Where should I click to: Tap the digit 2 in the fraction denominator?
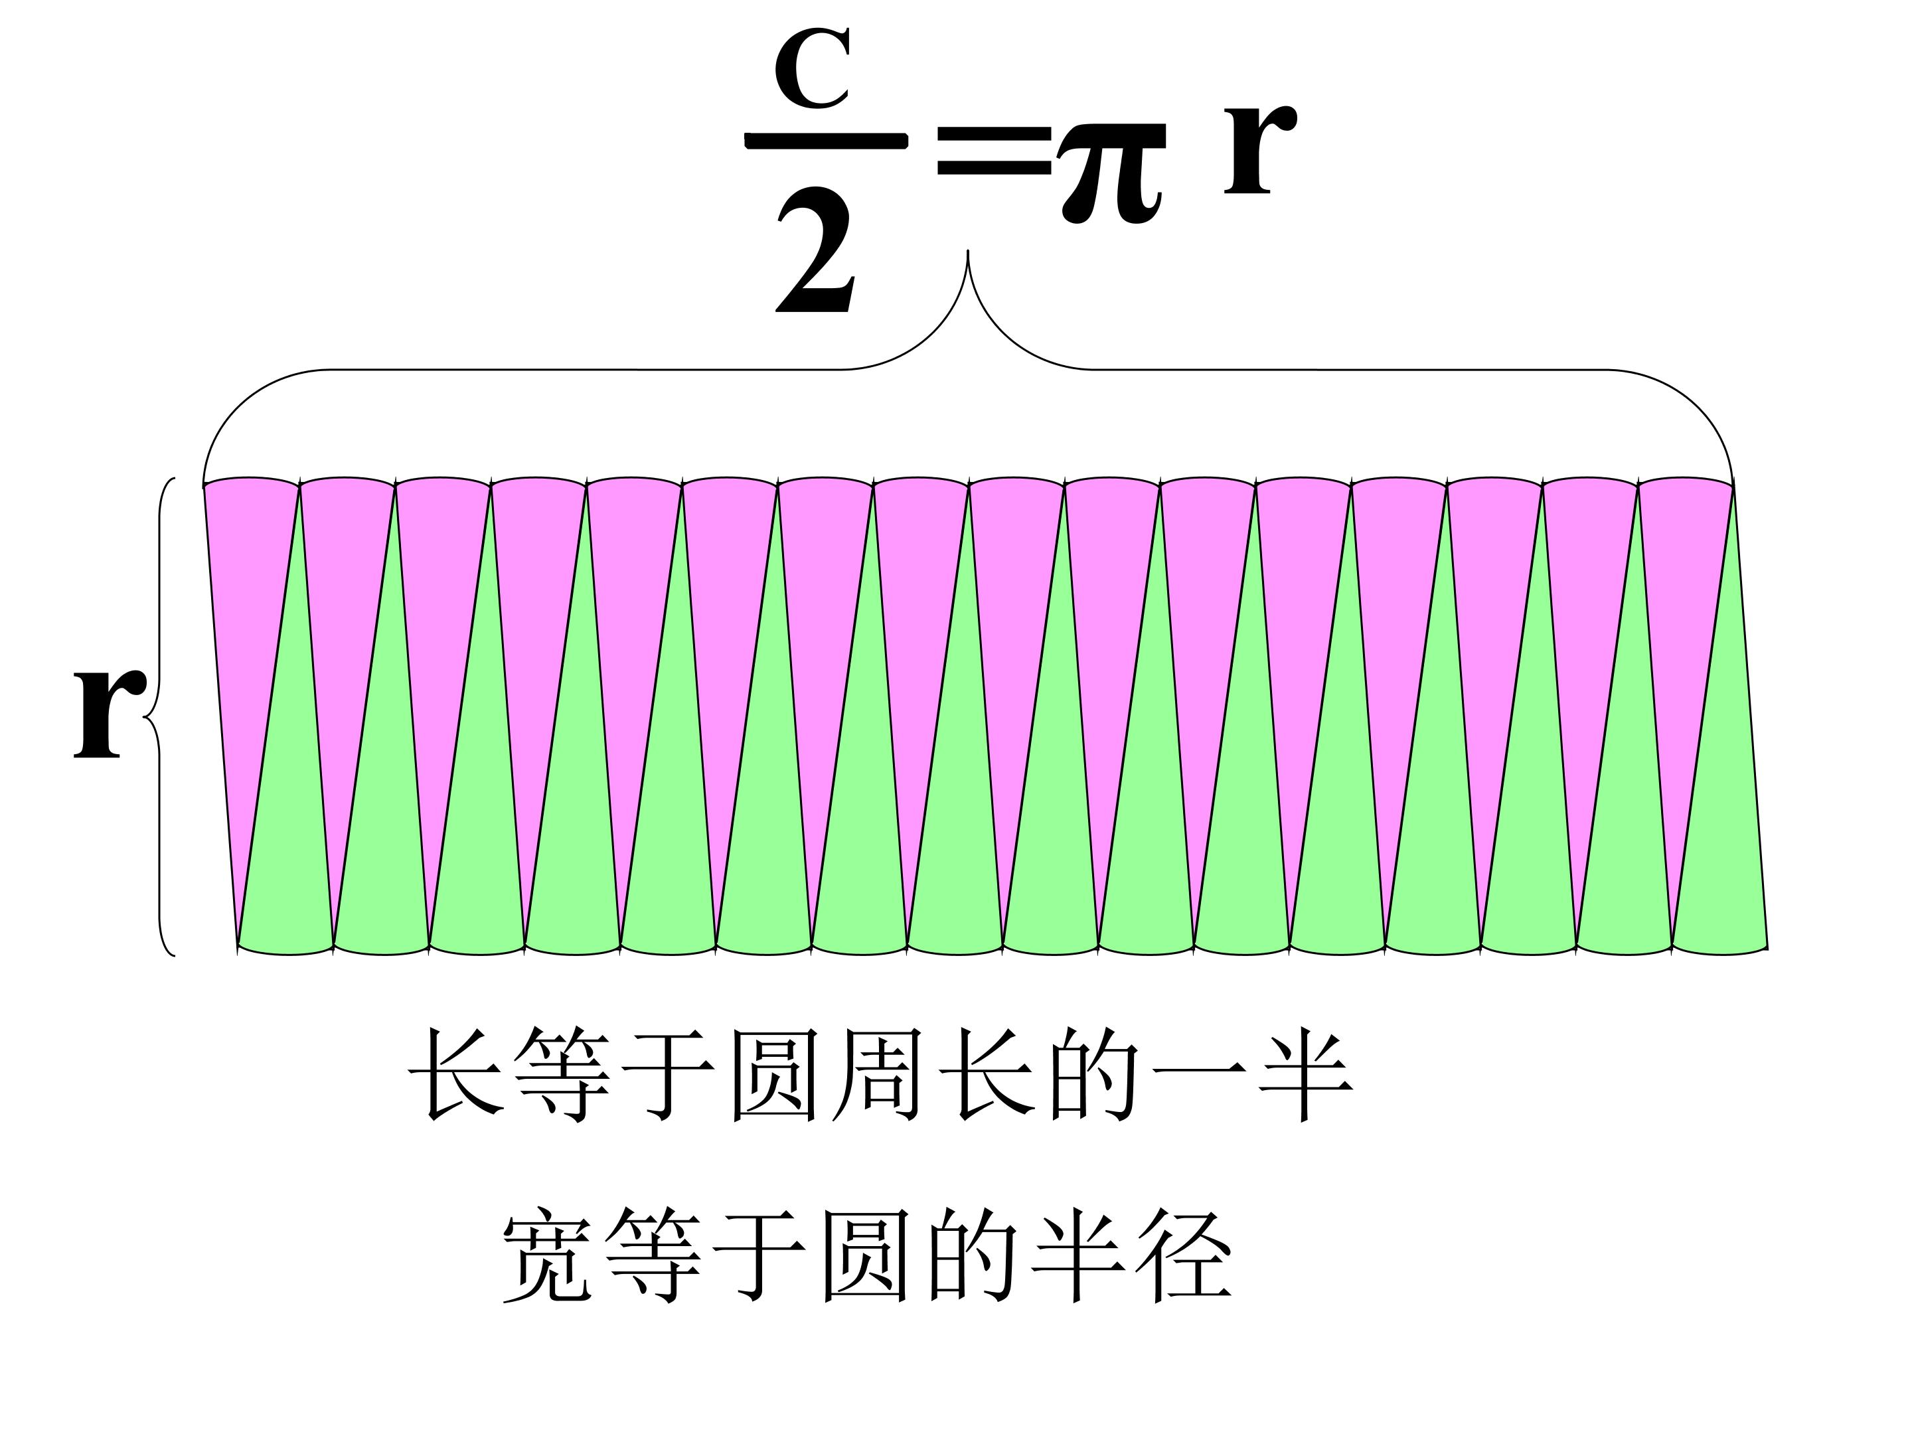pyautogui.click(x=815, y=253)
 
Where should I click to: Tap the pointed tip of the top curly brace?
pyautogui.click(x=967, y=252)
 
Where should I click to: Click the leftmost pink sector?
pyautogui.click(x=243, y=605)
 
